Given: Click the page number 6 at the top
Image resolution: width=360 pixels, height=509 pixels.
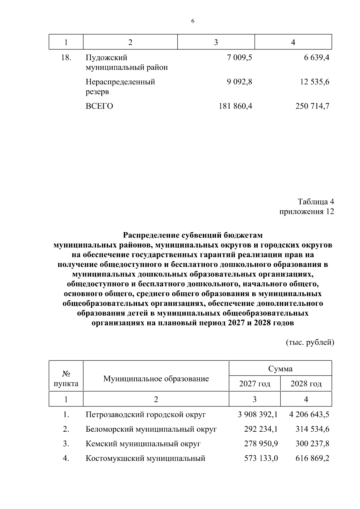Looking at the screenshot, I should tap(193, 21).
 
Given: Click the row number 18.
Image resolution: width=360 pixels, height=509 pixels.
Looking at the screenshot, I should tap(66, 58).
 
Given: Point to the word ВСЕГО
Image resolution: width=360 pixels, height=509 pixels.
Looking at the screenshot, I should tap(99, 106).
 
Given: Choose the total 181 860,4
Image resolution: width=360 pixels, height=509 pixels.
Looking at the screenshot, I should tap(235, 106).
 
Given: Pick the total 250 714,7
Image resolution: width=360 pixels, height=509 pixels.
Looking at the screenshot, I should tap(312, 106).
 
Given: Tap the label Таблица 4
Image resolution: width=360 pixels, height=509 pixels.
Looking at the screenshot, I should tap(316, 201).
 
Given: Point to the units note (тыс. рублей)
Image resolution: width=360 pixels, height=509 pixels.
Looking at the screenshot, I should tap(310, 342).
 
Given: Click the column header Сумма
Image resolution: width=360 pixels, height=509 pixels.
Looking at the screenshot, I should tap(280, 369).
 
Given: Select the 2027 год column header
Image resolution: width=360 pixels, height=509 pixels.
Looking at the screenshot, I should tap(255, 384).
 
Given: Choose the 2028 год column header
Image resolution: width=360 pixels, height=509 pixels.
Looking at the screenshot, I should tap(306, 384).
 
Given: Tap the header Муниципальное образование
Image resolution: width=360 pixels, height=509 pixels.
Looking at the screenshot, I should tap(156, 379).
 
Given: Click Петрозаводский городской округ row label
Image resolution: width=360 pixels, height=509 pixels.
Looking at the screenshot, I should tap(146, 415).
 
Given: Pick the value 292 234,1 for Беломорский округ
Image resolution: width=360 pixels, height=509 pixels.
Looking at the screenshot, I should tap(261, 429).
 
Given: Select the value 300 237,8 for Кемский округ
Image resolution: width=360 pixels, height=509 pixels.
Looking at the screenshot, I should tap(312, 444).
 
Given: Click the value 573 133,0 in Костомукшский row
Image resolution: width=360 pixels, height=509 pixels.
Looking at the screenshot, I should tap(261, 458).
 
